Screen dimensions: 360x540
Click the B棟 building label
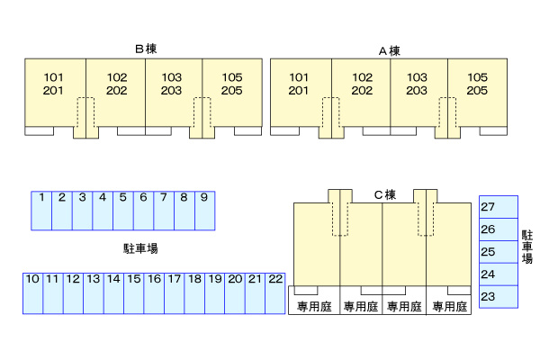[x=146, y=49]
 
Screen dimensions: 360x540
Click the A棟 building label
[x=389, y=50]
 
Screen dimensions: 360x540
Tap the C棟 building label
[x=384, y=194]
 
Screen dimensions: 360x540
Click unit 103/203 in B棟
[x=172, y=84]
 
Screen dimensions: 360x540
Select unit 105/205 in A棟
[x=478, y=84]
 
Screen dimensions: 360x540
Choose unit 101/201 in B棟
[x=54, y=84]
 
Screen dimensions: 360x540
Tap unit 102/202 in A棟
[x=362, y=84]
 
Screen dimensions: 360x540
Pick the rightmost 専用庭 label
[x=449, y=307]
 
